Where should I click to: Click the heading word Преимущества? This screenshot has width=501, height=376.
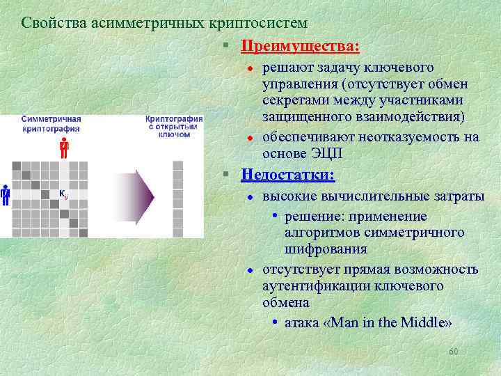tap(300, 46)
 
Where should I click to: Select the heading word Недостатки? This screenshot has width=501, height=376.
tap(287, 175)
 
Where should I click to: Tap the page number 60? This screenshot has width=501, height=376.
tap(454, 352)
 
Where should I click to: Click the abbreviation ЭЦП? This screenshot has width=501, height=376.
tap(331, 153)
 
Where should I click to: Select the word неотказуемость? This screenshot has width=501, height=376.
tap(383, 137)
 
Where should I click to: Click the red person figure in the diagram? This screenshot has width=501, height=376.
tap(64, 148)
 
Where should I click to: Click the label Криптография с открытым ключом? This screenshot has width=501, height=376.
tap(174, 126)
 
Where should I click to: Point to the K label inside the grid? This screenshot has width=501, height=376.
tap(63, 194)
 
